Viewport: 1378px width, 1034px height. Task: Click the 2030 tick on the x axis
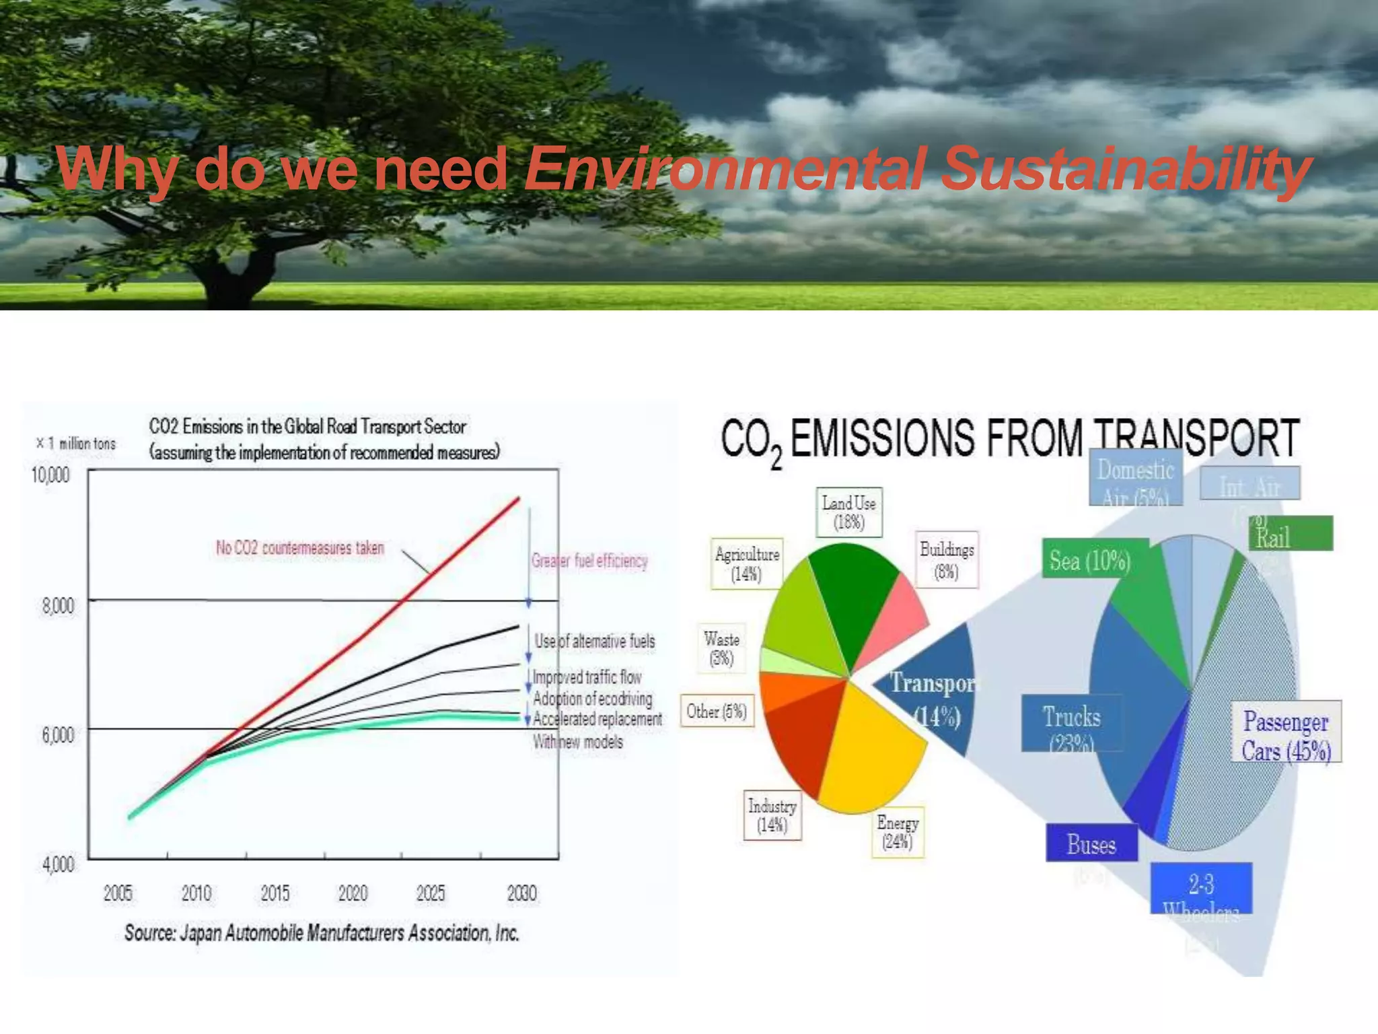click(x=521, y=893)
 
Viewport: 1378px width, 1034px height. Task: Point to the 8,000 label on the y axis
click(x=58, y=606)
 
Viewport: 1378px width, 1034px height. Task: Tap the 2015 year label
click(x=275, y=893)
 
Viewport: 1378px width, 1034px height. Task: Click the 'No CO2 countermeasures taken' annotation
click(x=299, y=548)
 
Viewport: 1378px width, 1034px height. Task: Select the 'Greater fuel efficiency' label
click(x=589, y=561)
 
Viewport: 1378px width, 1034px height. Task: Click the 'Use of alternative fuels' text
click(x=595, y=641)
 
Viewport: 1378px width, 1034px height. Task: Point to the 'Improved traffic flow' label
click(x=587, y=677)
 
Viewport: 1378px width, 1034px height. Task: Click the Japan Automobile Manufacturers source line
click(x=322, y=933)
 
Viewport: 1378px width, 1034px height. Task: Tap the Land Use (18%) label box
click(x=848, y=512)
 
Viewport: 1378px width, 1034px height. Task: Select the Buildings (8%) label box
click(x=947, y=560)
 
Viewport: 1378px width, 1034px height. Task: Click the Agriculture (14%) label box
click(x=747, y=564)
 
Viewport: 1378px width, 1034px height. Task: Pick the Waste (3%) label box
click(x=722, y=648)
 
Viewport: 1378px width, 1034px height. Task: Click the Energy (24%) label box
click(x=898, y=832)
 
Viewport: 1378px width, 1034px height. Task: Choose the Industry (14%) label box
click(x=772, y=815)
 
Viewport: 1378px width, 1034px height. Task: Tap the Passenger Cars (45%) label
click(x=1286, y=735)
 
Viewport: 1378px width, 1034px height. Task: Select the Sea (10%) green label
click(x=1089, y=560)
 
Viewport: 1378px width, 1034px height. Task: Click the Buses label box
click(x=1091, y=844)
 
